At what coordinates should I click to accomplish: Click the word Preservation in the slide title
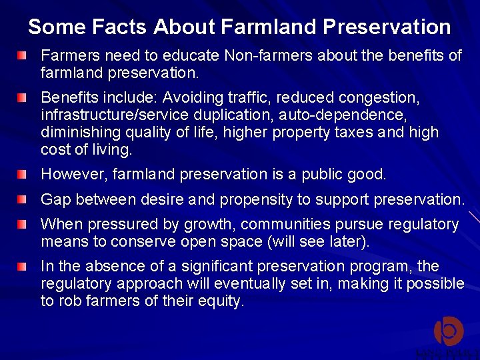387,27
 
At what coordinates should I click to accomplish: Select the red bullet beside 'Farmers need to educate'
24,54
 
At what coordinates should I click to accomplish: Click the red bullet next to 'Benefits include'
24,98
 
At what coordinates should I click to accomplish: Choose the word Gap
56,199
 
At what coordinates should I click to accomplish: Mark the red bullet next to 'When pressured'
24,224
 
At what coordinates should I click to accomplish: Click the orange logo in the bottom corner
448,331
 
